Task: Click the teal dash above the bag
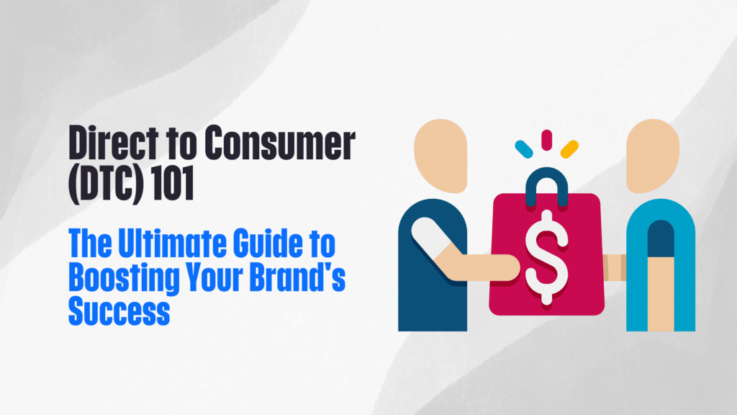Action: [x=523, y=148]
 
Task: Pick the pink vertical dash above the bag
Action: [x=546, y=139]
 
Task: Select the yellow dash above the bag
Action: [x=569, y=148]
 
